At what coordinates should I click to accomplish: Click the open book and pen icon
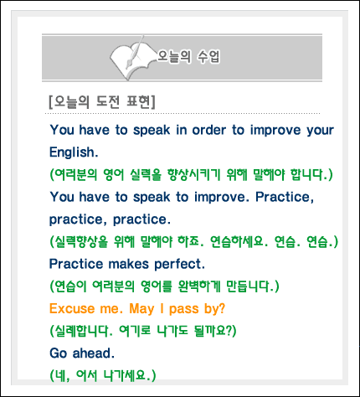[x=132, y=58]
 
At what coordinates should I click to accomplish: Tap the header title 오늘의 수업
[x=188, y=56]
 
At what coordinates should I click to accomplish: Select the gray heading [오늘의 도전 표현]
[x=102, y=102]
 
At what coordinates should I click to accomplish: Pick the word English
[x=74, y=152]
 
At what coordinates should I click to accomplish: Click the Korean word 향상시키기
[x=194, y=175]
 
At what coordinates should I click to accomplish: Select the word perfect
[x=179, y=265]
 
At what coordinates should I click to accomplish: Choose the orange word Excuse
[x=72, y=309]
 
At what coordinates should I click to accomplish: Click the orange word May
[x=141, y=309]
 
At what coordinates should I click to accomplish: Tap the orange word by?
[x=214, y=309]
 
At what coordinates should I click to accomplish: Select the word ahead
[x=94, y=353]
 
